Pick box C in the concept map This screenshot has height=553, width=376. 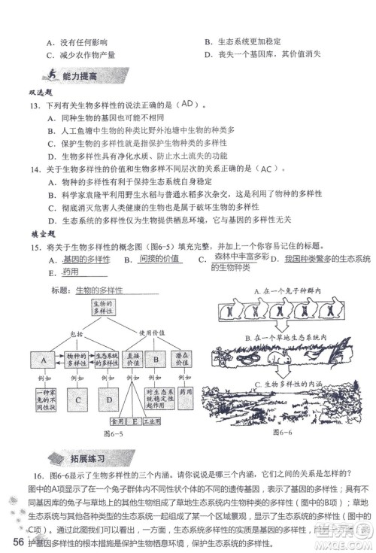click(77, 400)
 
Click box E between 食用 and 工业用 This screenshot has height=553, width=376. click(136, 422)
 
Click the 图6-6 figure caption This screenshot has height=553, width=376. click(283, 433)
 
